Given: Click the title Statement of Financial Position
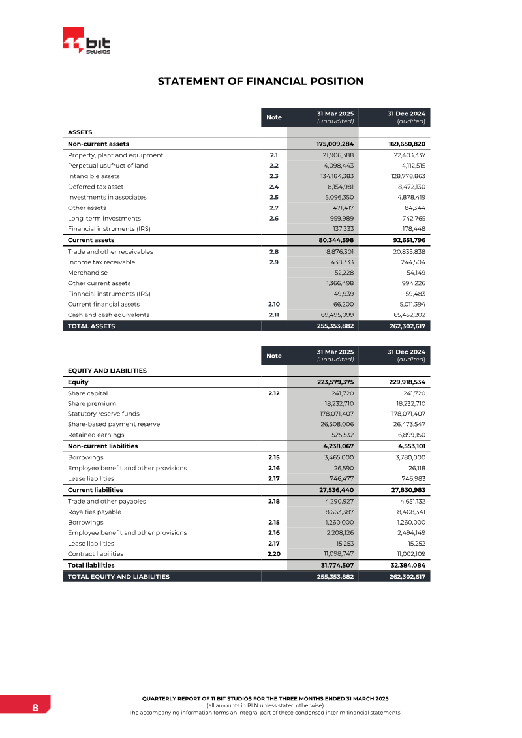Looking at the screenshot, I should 260,82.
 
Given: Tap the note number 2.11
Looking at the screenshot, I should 274,315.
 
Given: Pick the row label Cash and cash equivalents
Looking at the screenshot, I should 108,315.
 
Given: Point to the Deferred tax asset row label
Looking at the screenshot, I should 95,187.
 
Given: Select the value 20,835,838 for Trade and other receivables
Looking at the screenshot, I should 405,251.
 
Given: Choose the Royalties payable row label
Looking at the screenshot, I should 94,512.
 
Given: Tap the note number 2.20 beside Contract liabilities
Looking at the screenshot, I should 274,554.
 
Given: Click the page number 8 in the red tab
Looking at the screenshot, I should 35,708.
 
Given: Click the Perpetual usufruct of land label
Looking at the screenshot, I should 108,166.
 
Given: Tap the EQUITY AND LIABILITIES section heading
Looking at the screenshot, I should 107,371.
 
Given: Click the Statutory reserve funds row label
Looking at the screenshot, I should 103,414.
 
